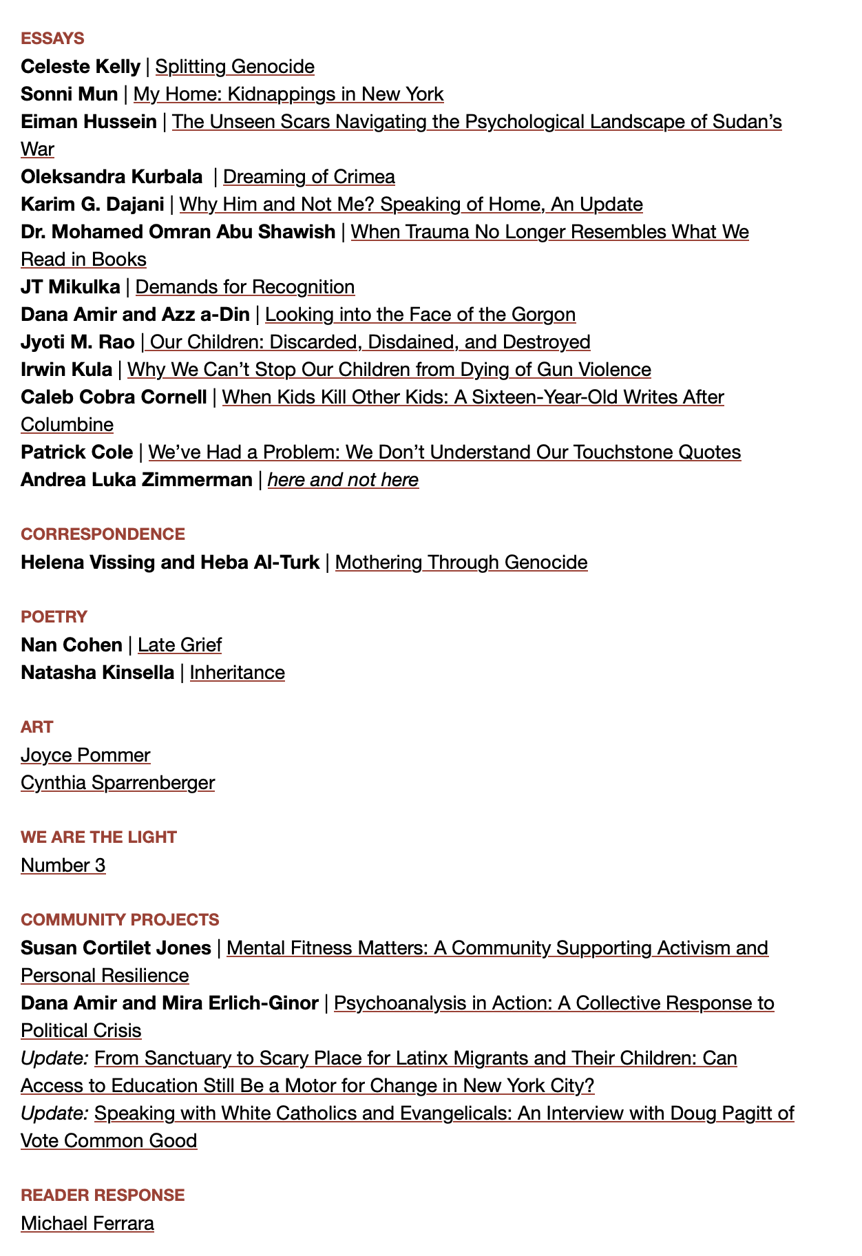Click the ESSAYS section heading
click(x=52, y=39)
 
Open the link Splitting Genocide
click(x=235, y=67)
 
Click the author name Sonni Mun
click(x=69, y=94)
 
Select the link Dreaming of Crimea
click(x=309, y=177)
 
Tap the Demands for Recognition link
click(x=245, y=287)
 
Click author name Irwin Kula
click(x=66, y=370)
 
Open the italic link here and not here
click(x=343, y=480)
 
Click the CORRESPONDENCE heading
click(x=103, y=534)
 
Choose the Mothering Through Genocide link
click(x=461, y=563)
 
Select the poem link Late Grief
click(x=180, y=645)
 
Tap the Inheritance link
click(x=238, y=673)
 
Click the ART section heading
click(x=36, y=727)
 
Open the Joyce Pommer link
click(x=85, y=755)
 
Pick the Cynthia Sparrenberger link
click(x=118, y=783)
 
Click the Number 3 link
click(x=63, y=866)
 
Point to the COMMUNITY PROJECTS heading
click(x=120, y=920)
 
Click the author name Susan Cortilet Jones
click(x=116, y=948)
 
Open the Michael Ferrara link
click(x=87, y=1224)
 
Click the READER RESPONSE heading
click(x=103, y=1195)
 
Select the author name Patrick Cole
click(x=76, y=452)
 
